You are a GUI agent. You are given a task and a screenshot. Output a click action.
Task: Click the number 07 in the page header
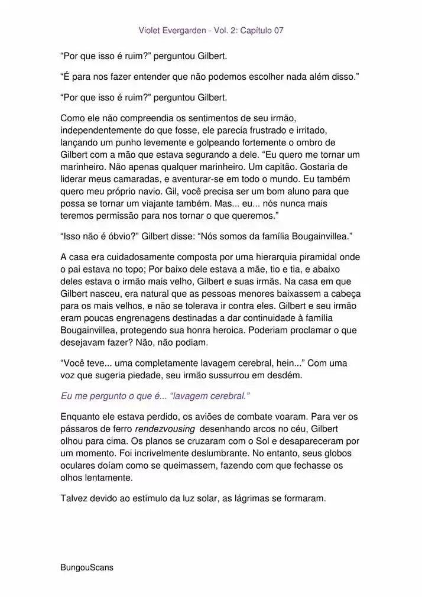(x=277, y=30)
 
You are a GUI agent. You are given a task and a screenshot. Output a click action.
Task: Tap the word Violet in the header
(x=150, y=30)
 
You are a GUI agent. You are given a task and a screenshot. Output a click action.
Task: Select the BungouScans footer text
(x=87, y=567)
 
